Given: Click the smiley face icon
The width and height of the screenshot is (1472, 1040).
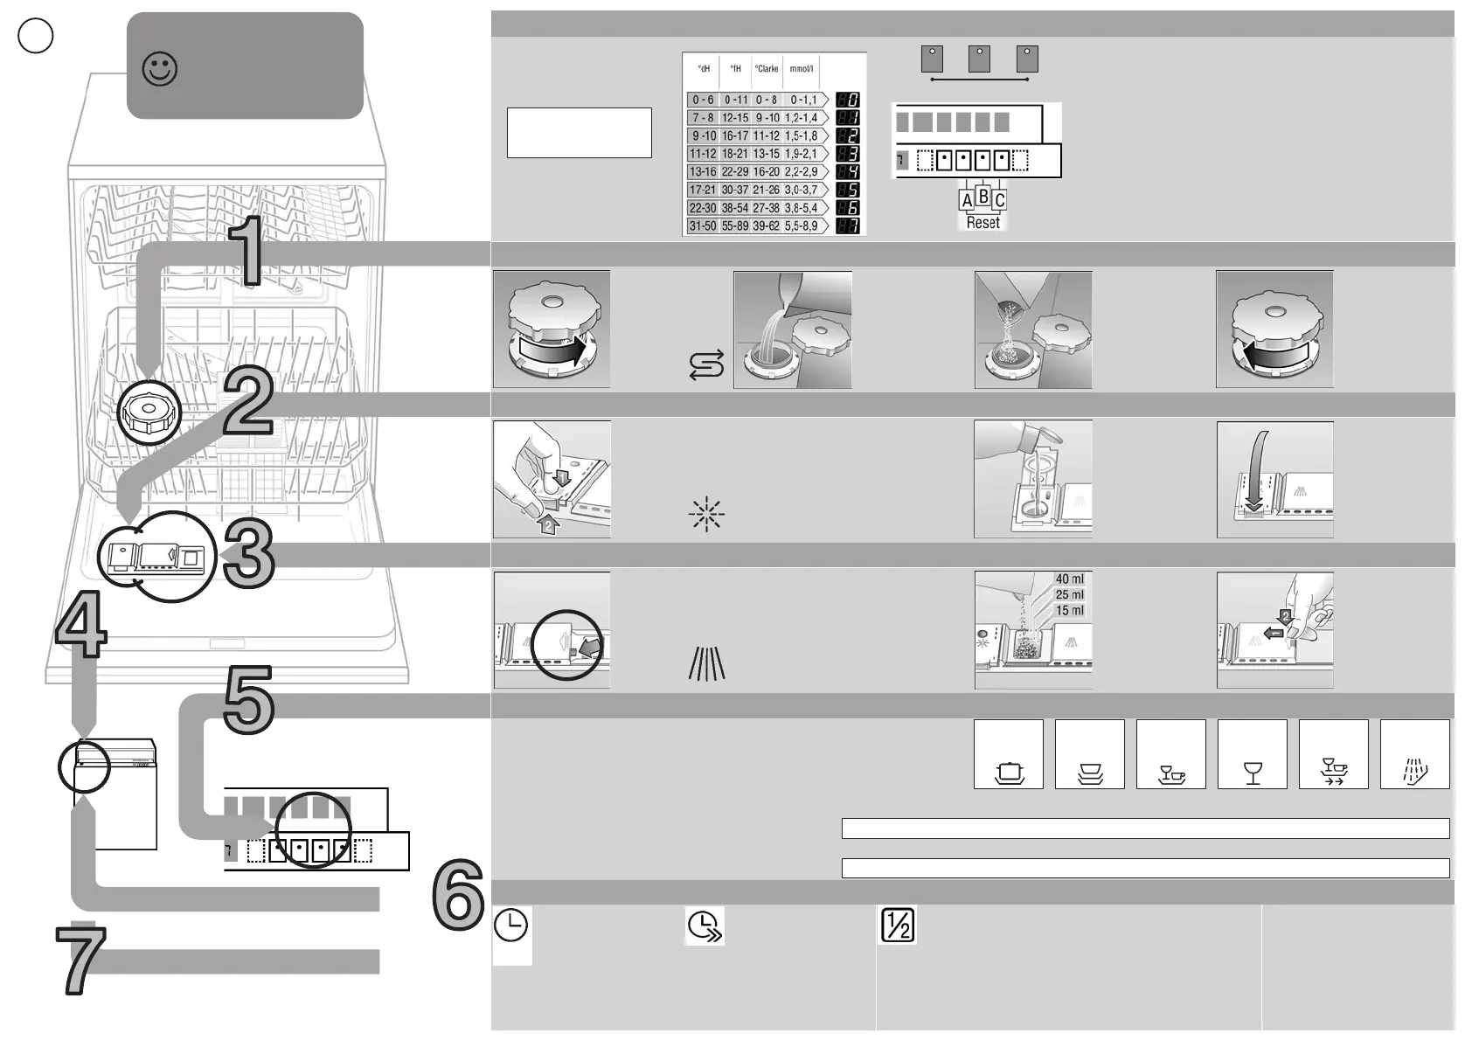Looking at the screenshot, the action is [160, 69].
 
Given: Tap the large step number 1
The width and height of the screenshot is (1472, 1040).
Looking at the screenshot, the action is [246, 252].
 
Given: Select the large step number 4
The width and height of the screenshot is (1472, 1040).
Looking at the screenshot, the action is [81, 624].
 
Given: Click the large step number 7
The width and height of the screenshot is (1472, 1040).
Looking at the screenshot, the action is [81, 960].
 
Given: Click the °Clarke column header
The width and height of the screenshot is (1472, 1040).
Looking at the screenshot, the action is [767, 69].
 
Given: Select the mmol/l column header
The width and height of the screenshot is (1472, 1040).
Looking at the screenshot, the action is [801, 69].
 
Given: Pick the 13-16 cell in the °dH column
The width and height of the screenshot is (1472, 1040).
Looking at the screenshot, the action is [703, 172].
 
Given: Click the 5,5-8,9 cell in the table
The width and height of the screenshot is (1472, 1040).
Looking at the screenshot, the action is [801, 226].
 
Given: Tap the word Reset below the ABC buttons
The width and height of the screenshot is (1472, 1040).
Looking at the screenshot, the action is [982, 223].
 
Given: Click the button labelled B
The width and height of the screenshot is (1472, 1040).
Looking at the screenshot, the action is [982, 197].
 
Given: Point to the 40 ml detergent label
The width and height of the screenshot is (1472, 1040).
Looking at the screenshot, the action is [1069, 579].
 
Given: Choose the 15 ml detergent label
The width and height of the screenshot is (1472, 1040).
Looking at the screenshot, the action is [1069, 611].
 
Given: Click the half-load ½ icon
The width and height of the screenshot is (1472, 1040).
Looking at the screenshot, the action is [897, 926].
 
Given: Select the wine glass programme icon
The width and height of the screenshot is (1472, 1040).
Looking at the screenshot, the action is [1253, 773].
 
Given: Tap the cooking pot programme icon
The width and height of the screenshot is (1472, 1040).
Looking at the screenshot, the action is [1009, 773].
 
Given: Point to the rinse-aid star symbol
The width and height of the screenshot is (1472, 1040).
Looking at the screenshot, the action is [706, 515].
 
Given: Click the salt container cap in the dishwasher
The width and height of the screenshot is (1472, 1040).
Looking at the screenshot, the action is [149, 413].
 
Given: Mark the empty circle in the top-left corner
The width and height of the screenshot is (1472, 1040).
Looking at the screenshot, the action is [36, 36].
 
